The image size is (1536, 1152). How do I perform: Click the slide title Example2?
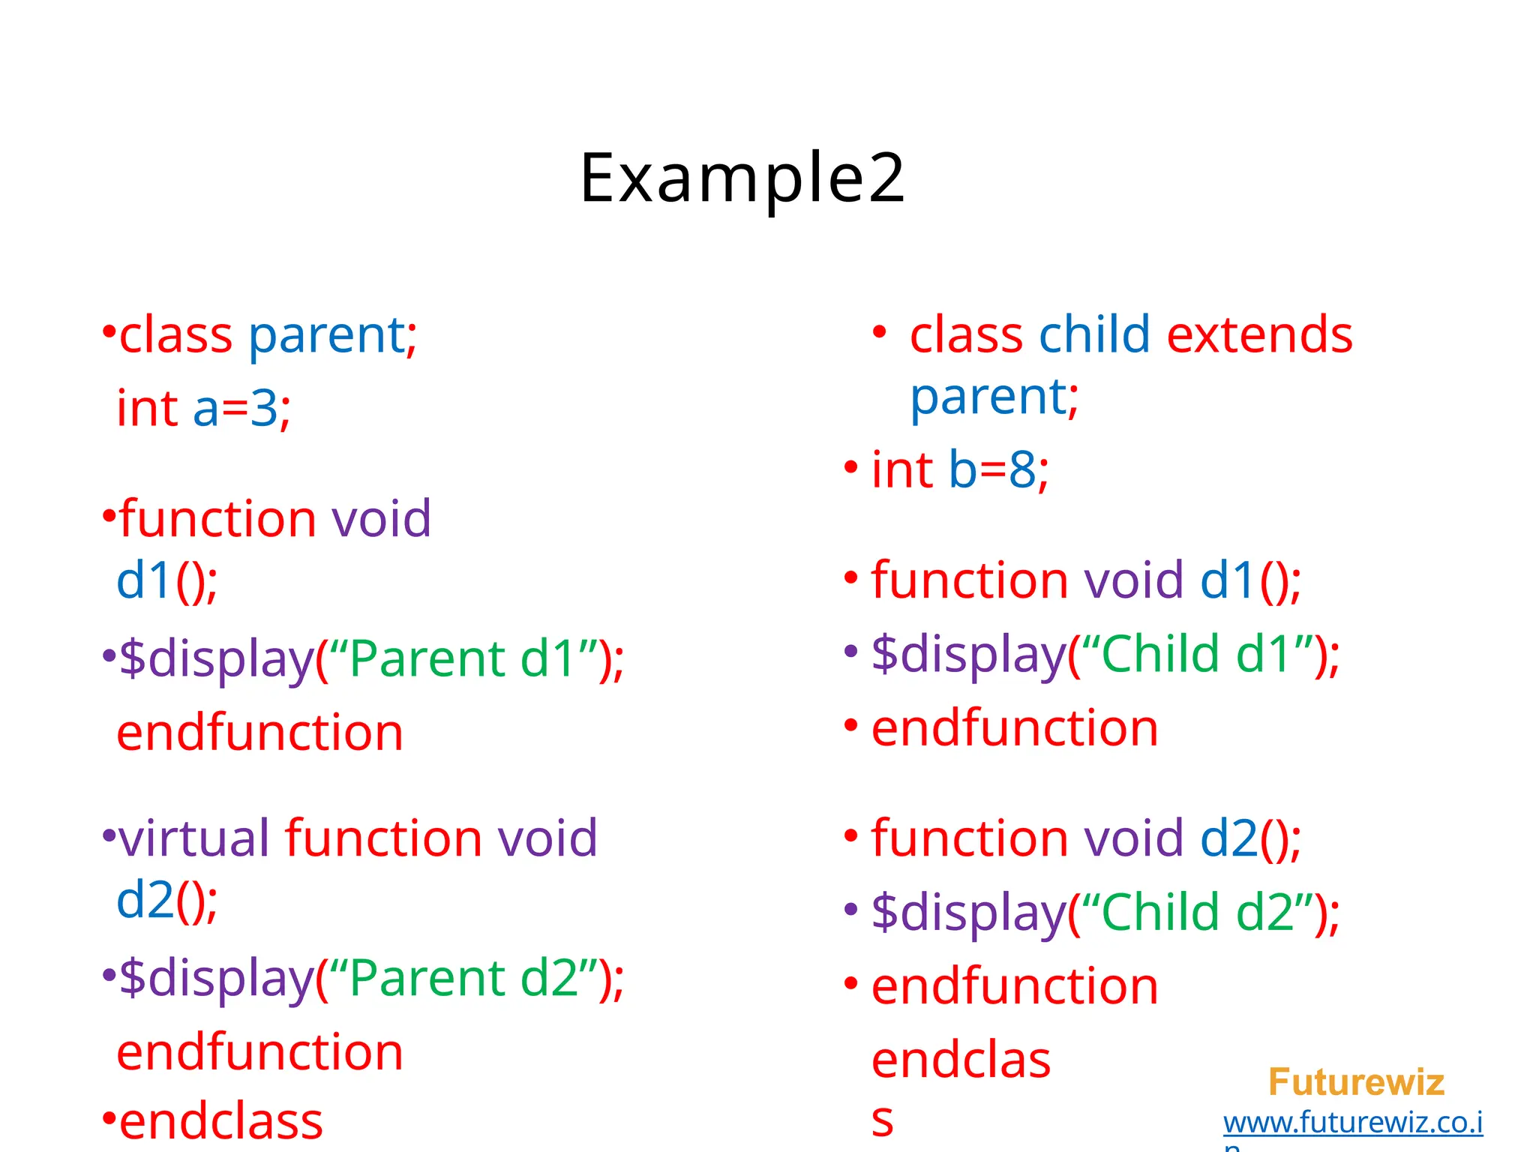pyautogui.click(x=742, y=178)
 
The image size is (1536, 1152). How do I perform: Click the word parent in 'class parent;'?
pyautogui.click(x=327, y=336)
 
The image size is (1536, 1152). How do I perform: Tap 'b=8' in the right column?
pyautogui.click(x=991, y=471)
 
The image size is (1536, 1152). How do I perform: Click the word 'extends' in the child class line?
pyautogui.click(x=1259, y=334)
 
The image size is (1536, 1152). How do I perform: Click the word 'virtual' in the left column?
pyautogui.click(x=194, y=838)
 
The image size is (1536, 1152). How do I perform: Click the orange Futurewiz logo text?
pyautogui.click(x=1356, y=1082)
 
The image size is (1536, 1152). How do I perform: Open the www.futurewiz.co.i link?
pyautogui.click(x=1353, y=1123)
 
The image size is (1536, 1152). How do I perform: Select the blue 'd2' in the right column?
pyautogui.click(x=1228, y=838)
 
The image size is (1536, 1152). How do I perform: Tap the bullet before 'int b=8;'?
pyautogui.click(x=850, y=468)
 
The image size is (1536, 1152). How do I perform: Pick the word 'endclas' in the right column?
pyautogui.click(x=961, y=1060)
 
